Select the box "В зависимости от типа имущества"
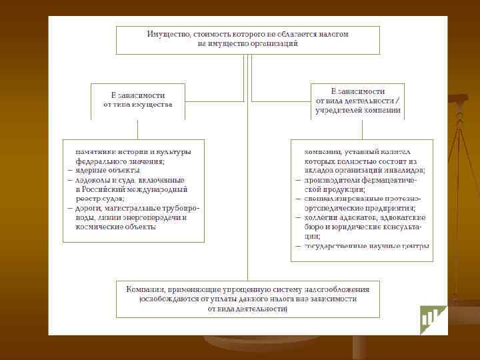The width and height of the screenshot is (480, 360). (x=138, y=100)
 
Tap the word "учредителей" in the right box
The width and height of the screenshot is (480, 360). (x=339, y=111)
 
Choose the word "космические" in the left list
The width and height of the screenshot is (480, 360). (x=99, y=227)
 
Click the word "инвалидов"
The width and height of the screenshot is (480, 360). (x=407, y=170)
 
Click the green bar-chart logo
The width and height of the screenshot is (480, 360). (x=433, y=320)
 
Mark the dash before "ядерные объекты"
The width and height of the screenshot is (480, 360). (x=69, y=171)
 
